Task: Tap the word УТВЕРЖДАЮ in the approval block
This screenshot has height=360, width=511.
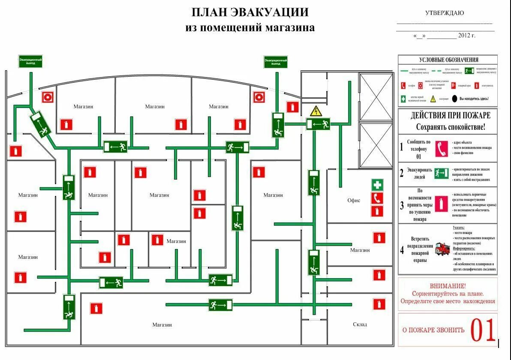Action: tap(444, 13)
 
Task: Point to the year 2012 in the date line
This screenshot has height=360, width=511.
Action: tap(464, 36)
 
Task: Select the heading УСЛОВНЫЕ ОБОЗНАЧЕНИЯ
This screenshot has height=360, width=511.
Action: tap(448, 60)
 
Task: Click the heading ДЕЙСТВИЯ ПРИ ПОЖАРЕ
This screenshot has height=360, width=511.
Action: tap(450, 116)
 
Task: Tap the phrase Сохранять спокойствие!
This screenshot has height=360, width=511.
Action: tap(451, 127)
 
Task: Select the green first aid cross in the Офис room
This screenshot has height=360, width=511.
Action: tap(377, 185)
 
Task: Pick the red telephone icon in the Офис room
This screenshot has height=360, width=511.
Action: tap(377, 198)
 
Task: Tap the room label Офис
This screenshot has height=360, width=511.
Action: tap(354, 200)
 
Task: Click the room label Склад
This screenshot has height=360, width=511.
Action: tap(360, 324)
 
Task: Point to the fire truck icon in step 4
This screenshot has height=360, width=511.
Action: tap(443, 249)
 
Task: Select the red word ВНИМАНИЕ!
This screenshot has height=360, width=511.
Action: tap(448, 286)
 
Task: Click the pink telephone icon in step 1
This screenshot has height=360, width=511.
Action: tap(441, 148)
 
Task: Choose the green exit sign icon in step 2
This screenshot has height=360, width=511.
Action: tap(441, 174)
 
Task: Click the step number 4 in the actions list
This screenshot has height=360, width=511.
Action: tap(402, 250)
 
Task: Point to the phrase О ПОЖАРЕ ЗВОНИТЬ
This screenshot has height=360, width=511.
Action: tap(433, 330)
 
